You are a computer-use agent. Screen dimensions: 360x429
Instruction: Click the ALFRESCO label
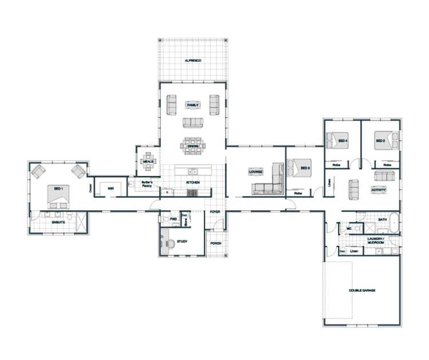pyautogui.click(x=192, y=61)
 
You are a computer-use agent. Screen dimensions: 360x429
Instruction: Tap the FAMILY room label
pyautogui.click(x=192, y=105)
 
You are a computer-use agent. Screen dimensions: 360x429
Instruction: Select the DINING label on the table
pyautogui.click(x=192, y=146)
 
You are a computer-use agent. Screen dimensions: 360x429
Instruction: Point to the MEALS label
pyautogui.click(x=147, y=162)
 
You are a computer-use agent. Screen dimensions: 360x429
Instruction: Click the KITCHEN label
pyautogui.click(x=192, y=183)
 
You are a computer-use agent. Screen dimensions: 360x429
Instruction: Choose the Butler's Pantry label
pyautogui.click(x=147, y=184)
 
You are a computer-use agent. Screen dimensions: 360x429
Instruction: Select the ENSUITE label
pyautogui.click(x=58, y=221)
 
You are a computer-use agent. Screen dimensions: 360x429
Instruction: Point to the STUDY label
pyautogui.click(x=183, y=242)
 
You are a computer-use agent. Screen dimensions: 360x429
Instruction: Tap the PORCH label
pyautogui.click(x=216, y=243)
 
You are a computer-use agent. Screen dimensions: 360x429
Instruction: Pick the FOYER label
pyautogui.click(x=215, y=212)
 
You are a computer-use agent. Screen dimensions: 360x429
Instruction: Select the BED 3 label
pyautogui.click(x=305, y=168)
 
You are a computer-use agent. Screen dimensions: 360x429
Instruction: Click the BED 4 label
pyautogui.click(x=343, y=140)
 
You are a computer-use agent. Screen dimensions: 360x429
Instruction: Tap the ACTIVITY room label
pyautogui.click(x=378, y=190)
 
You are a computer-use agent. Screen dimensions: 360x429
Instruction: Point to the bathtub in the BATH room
pyautogui.click(x=391, y=218)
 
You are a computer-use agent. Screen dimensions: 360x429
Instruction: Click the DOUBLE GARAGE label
pyautogui.click(x=362, y=291)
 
